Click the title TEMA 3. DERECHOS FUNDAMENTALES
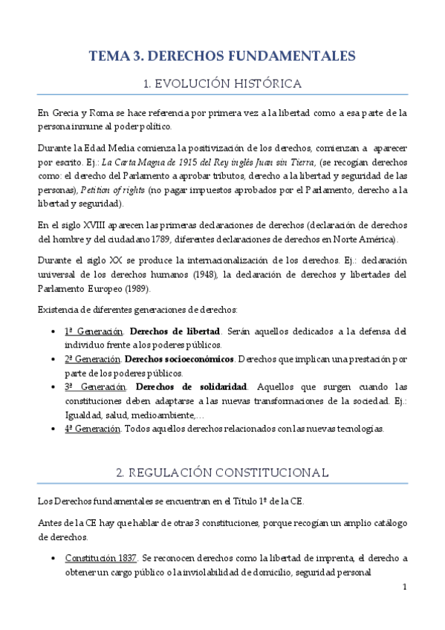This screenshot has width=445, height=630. [222, 56]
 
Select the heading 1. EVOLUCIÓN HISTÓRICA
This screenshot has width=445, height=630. [222, 83]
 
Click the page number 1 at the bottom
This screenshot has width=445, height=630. [404, 587]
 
